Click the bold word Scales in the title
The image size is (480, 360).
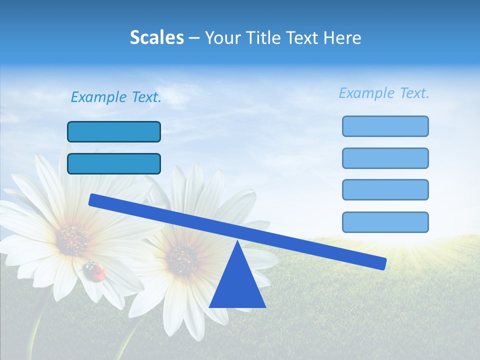[156, 37]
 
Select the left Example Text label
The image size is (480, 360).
[116, 97]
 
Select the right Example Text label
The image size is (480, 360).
[384, 93]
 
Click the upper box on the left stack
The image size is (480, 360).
[114, 131]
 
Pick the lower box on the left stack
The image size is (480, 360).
[114, 163]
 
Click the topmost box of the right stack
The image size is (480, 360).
[385, 126]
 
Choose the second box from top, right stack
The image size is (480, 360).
[385, 158]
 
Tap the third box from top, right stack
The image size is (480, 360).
[385, 189]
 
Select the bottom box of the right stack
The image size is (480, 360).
[385, 222]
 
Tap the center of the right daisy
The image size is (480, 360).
[183, 259]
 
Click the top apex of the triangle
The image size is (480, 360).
[237, 242]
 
